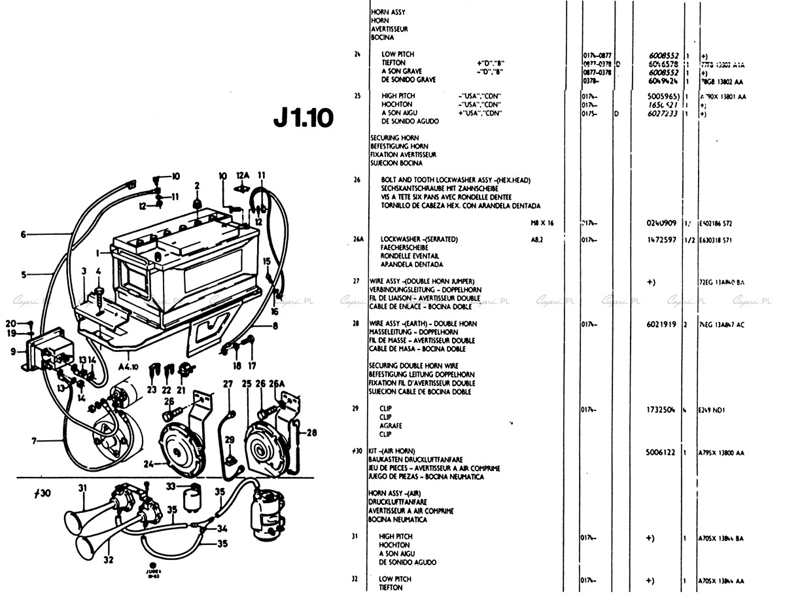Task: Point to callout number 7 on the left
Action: click(33, 441)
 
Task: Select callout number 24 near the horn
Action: click(149, 465)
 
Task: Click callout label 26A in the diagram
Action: click(277, 383)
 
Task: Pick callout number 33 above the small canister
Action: click(169, 486)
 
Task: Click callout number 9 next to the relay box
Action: click(13, 351)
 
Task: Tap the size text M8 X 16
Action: click(542, 223)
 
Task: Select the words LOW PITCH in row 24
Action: click(398, 54)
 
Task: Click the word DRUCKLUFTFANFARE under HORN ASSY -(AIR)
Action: click(398, 502)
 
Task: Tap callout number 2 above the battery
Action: click(197, 185)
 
